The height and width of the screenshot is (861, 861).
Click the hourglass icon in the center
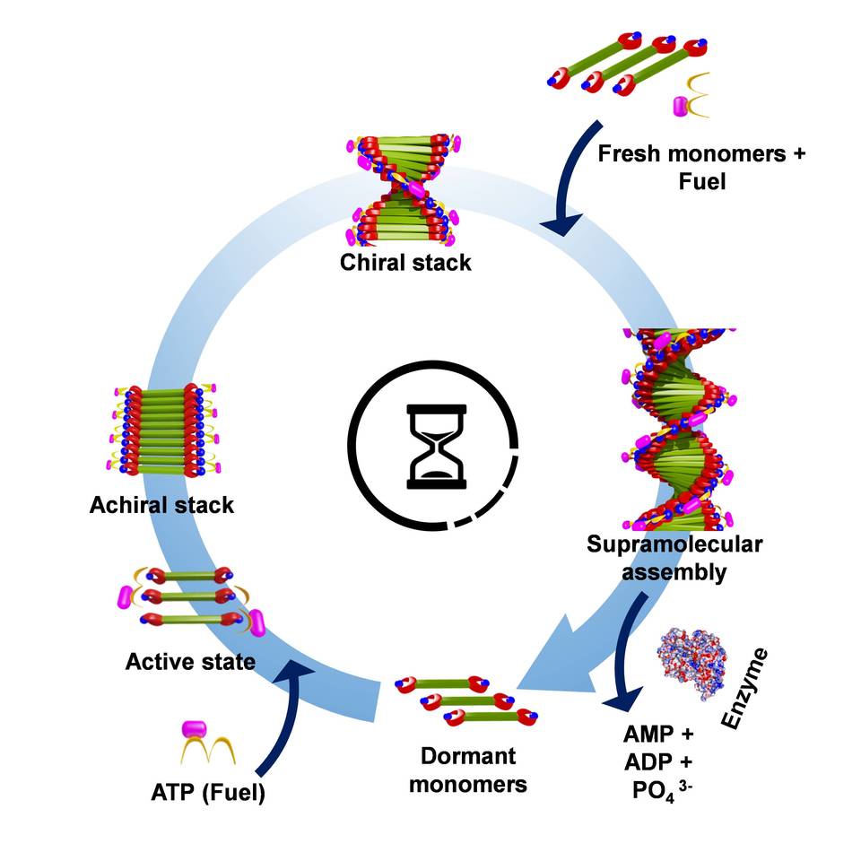437,447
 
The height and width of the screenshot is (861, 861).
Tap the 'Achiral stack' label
161,505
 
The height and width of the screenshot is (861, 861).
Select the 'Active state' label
190,662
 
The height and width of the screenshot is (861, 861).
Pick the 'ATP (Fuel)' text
208,793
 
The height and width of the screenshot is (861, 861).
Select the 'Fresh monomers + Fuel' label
700,167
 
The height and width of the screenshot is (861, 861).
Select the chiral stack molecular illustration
401,191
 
